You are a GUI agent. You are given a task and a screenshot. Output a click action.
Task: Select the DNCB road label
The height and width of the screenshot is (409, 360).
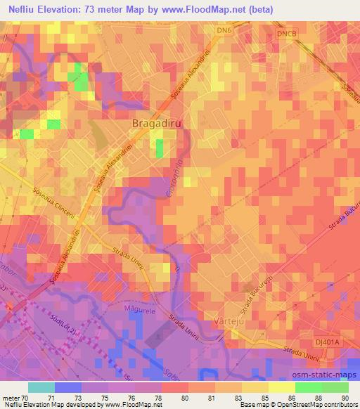tap(288, 34)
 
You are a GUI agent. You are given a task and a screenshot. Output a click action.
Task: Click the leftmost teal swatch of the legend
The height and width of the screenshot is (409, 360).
tap(41, 387)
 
